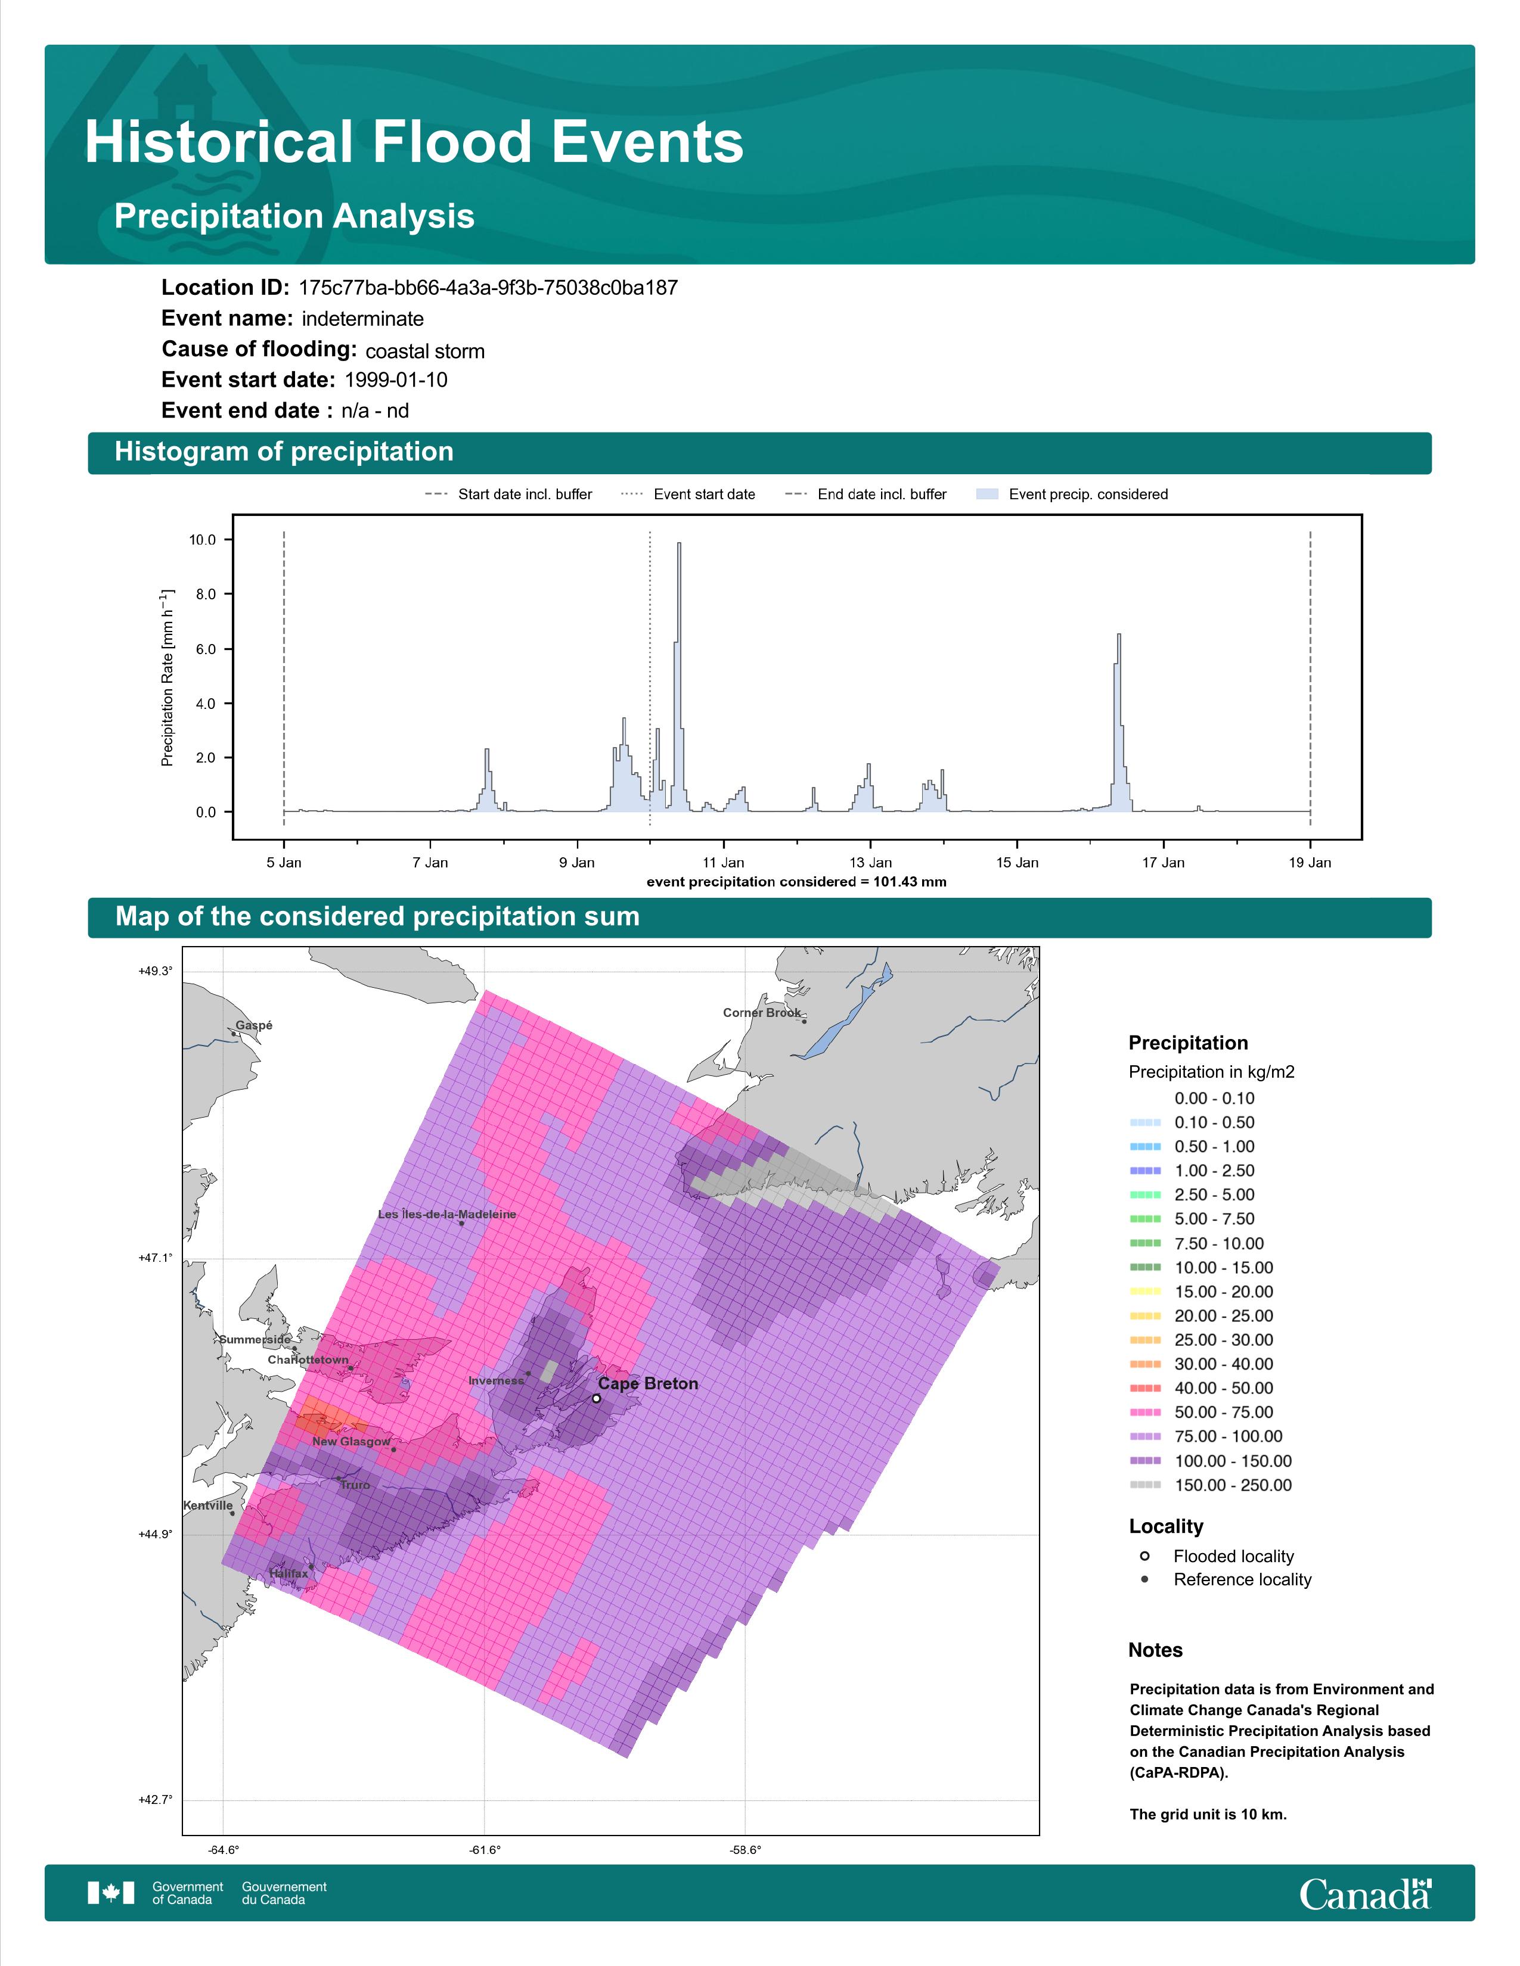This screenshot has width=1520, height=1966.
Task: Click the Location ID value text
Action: pyautogui.click(x=488, y=288)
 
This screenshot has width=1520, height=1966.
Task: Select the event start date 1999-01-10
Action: pyautogui.click(x=396, y=380)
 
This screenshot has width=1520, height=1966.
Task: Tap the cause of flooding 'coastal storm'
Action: pyautogui.click(x=425, y=351)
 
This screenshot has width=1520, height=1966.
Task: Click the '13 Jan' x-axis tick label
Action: pyautogui.click(x=870, y=863)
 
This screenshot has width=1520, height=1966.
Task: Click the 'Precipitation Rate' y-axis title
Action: pyautogui.click(x=167, y=678)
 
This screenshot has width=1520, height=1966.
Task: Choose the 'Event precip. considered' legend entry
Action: pyautogui.click(x=1072, y=494)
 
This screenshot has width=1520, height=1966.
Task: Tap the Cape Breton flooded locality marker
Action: pyautogui.click(x=596, y=1398)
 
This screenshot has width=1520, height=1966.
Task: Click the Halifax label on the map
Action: pyautogui.click(x=288, y=1573)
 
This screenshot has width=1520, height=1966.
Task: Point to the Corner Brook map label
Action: pyautogui.click(x=762, y=1013)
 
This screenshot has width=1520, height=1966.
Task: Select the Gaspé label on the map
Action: pyautogui.click(x=254, y=1025)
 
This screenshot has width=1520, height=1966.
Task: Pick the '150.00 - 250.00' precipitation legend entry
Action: pyautogui.click(x=1211, y=1485)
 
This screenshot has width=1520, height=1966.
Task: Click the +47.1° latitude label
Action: pyautogui.click(x=155, y=1258)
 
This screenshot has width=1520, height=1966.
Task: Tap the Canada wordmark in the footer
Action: pyautogui.click(x=1365, y=1894)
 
